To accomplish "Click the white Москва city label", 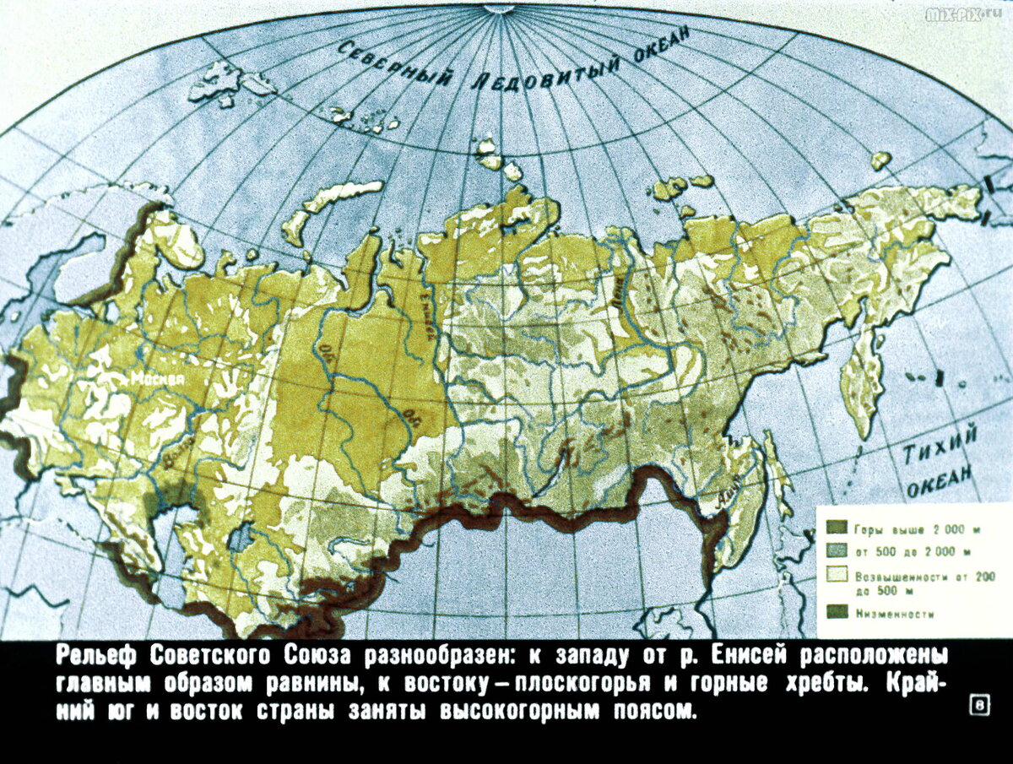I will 156,380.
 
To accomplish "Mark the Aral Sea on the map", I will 245,537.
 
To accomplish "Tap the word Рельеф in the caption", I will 96,656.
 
